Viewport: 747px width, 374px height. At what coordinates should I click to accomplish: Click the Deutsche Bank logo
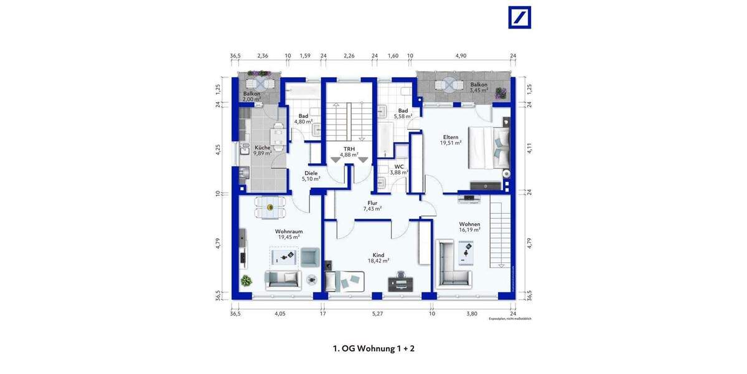click(x=520, y=17)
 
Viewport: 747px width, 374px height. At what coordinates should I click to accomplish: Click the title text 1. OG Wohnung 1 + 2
click(x=374, y=348)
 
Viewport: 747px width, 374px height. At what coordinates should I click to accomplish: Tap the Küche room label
click(x=262, y=148)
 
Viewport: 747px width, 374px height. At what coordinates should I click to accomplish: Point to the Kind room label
click(x=378, y=254)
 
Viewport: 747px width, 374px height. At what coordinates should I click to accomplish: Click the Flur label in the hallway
click(x=372, y=202)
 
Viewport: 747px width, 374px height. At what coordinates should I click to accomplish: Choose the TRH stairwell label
click(x=349, y=149)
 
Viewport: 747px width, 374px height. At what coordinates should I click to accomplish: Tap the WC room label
click(x=399, y=166)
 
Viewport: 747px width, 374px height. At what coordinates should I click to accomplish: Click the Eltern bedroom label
click(x=451, y=137)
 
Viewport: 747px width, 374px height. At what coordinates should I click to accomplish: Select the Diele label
click(x=311, y=173)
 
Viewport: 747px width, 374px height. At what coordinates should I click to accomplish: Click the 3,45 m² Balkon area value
click(x=479, y=91)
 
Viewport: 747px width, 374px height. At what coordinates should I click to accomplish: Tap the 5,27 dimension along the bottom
click(x=377, y=314)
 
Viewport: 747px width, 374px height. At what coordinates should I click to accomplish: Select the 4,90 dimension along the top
click(x=461, y=56)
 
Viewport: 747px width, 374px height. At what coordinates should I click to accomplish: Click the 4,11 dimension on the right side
click(x=530, y=148)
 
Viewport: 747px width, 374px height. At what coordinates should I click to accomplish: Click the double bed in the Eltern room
click(x=488, y=148)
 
